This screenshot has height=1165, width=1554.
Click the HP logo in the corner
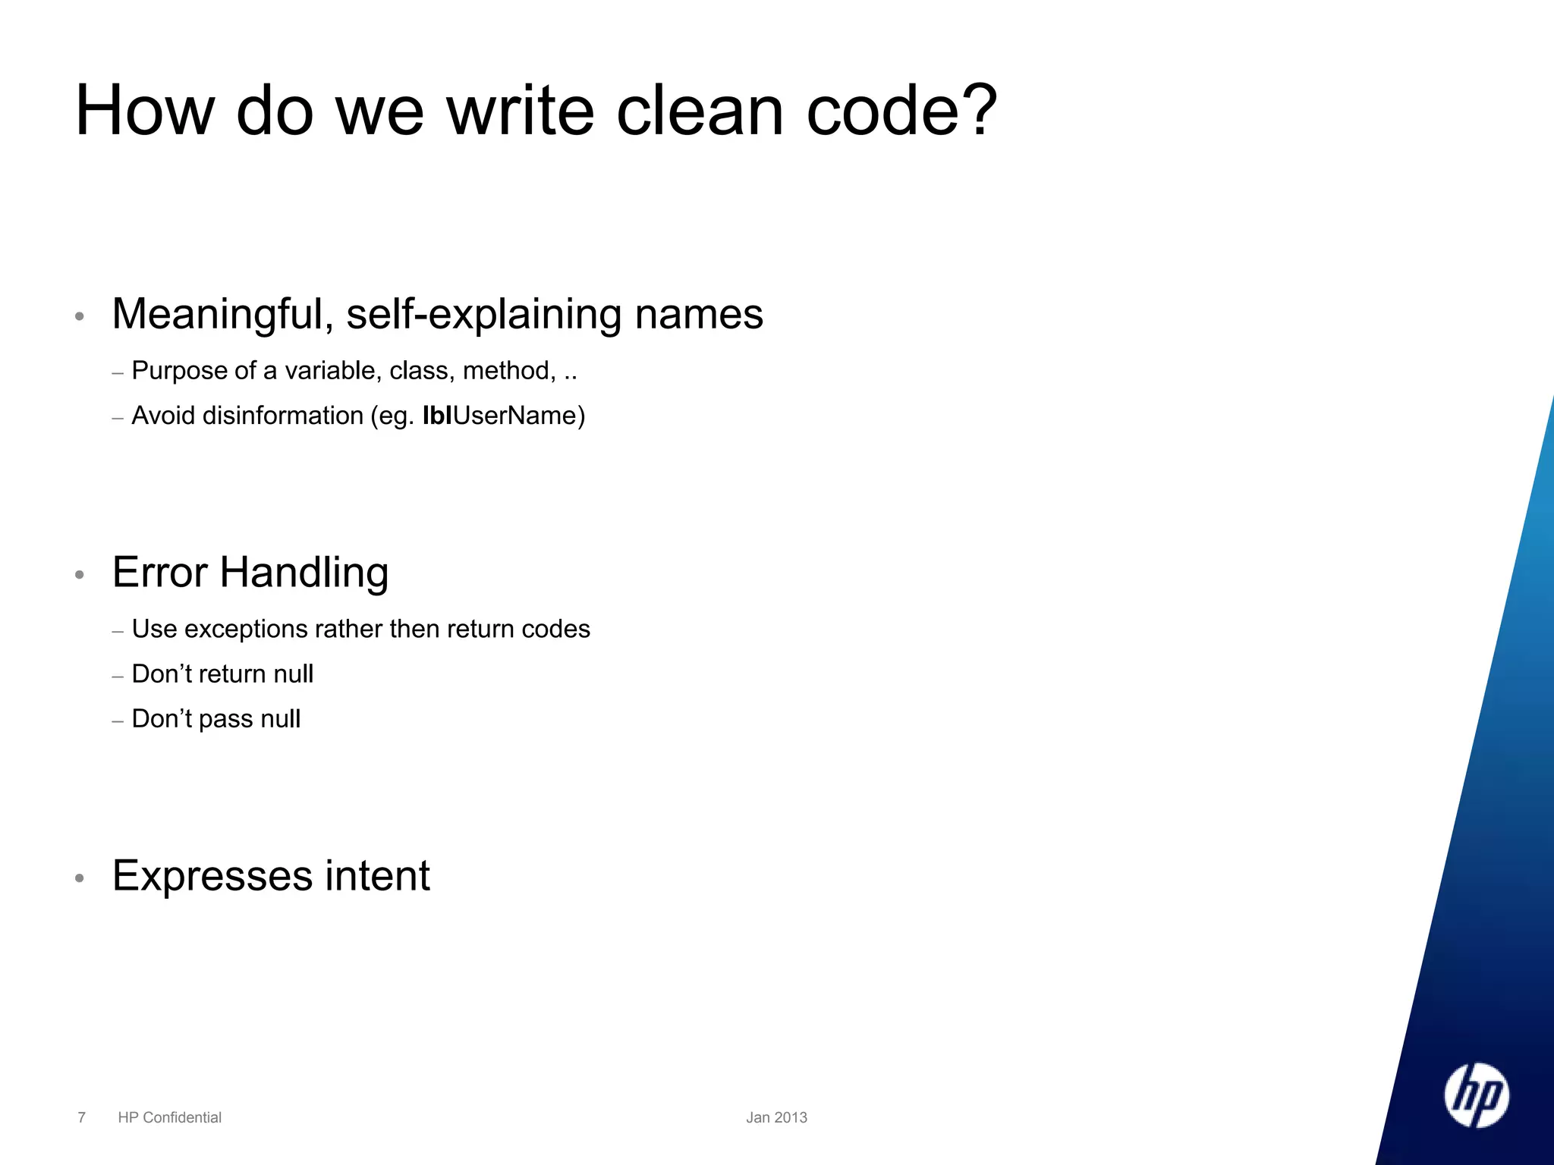(x=1476, y=1095)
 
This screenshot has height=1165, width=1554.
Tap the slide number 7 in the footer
(x=82, y=1117)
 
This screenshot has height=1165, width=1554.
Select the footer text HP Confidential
(x=169, y=1117)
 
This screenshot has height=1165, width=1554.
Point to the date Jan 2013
(x=776, y=1117)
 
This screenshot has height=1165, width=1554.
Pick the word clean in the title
(x=700, y=111)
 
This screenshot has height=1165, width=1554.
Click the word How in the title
(x=145, y=111)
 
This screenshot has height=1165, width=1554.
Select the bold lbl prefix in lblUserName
(x=437, y=416)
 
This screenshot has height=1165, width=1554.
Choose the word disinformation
(x=283, y=416)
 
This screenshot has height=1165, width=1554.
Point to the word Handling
(x=304, y=573)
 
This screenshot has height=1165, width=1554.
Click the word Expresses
(x=212, y=876)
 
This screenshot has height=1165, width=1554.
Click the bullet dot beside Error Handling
(x=80, y=575)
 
